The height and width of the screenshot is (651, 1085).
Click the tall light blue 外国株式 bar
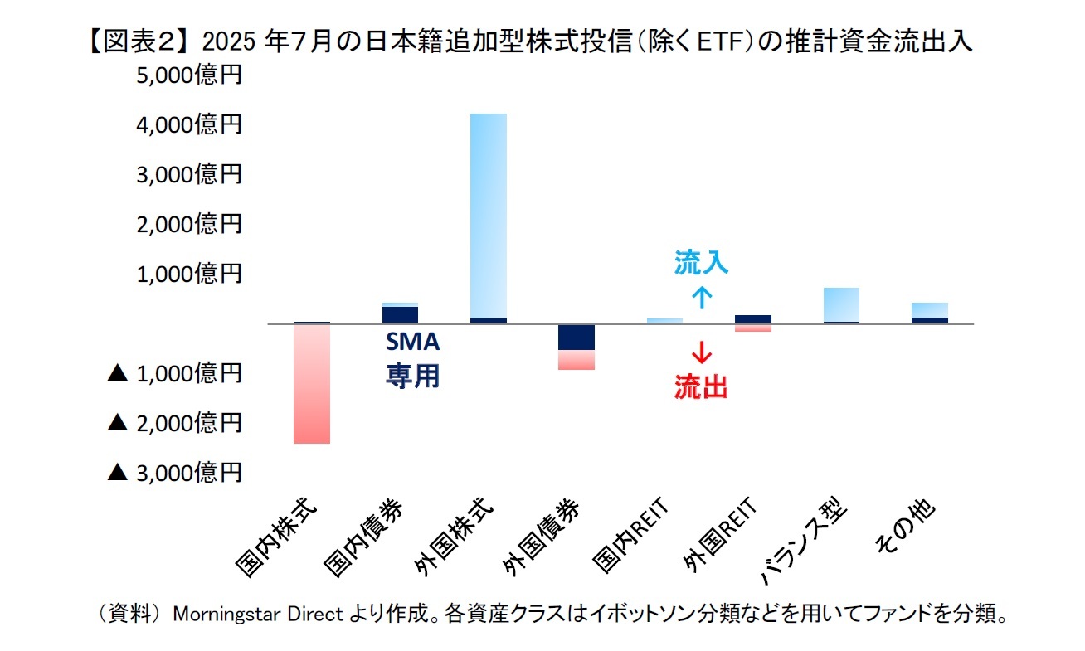(x=488, y=216)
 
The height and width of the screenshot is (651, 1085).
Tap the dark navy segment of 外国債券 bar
(x=576, y=338)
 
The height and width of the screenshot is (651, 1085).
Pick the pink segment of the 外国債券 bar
(x=576, y=359)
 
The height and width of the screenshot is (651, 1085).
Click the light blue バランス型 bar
(x=841, y=304)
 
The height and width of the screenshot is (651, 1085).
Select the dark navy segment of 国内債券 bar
(x=400, y=314)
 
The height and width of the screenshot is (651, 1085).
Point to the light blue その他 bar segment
(x=929, y=309)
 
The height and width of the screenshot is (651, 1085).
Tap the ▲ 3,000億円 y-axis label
(x=175, y=473)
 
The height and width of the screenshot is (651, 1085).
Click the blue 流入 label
(x=701, y=264)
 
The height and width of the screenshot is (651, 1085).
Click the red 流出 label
(x=701, y=387)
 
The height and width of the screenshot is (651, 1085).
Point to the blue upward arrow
(x=702, y=296)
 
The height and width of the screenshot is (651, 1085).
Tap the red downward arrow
(x=702, y=352)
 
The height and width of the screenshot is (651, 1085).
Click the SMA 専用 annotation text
(x=412, y=359)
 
